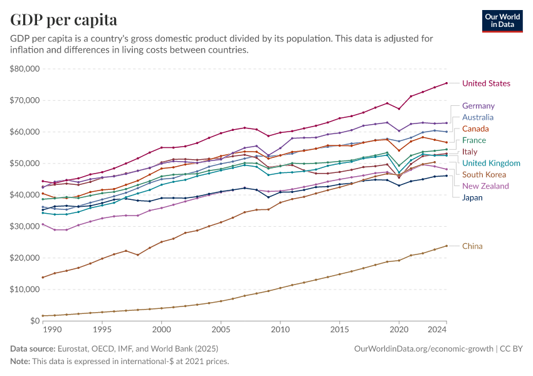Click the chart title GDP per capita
[x=64, y=19]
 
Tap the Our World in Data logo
[x=502, y=20]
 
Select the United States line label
[x=486, y=83]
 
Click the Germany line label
[x=478, y=106]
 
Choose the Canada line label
[x=475, y=129]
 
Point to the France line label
[x=474, y=140]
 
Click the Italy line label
[x=470, y=152]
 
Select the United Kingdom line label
[x=491, y=163]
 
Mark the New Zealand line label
[x=485, y=186]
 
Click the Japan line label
[x=472, y=197]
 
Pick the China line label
[x=472, y=246]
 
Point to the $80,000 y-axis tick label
[x=25, y=68]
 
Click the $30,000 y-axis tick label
[x=25, y=226]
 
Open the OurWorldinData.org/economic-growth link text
[x=423, y=348]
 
